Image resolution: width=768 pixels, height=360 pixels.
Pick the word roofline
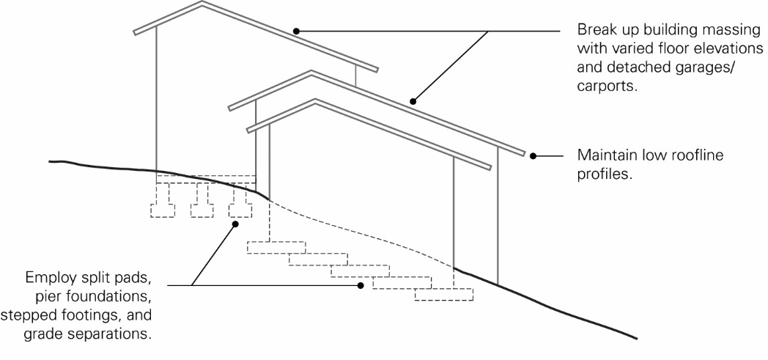click(696, 155)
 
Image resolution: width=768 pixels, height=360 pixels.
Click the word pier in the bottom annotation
click(48, 297)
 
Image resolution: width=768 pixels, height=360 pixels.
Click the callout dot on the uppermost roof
click(296, 32)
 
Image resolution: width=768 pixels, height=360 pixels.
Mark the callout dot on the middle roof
click(413, 102)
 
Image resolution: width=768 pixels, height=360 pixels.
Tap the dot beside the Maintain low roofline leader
click(533, 156)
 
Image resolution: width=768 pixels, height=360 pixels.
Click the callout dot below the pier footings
click(235, 224)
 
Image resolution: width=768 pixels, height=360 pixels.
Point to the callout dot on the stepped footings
click(361, 285)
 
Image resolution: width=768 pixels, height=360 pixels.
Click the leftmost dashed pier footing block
click(163, 210)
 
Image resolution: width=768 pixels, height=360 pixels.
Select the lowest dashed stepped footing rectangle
click(444, 294)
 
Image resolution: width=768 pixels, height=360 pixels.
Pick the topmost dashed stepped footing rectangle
click(276, 247)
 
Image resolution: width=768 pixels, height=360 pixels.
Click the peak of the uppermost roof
click(202, 2)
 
